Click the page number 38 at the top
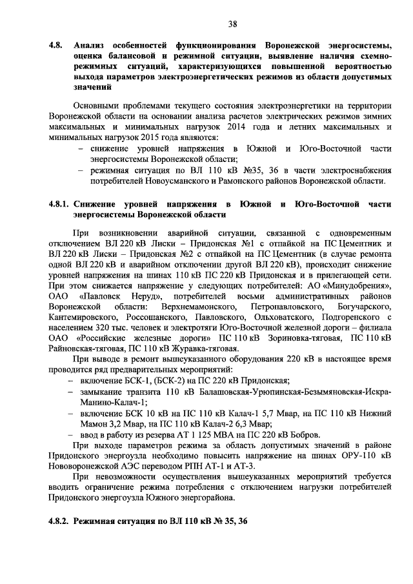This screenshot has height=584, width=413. point(233,24)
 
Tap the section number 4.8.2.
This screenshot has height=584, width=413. point(60,519)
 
